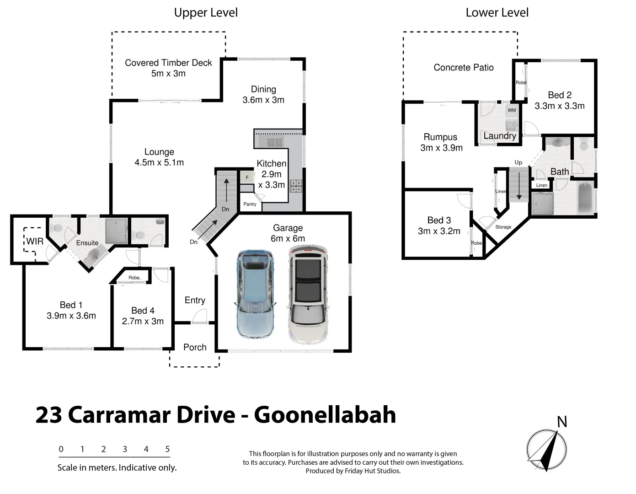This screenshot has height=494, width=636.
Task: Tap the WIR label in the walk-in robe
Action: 35,241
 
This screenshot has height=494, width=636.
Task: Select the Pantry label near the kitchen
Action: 250,204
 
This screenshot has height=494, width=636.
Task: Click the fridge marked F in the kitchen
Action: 247,177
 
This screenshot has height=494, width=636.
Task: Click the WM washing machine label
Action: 512,110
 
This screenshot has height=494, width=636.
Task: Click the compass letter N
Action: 562,422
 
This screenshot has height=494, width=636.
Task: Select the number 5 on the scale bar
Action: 167,449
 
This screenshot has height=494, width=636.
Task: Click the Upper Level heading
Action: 206,13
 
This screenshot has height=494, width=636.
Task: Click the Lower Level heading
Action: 497,13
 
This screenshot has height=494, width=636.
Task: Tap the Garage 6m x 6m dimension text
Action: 288,238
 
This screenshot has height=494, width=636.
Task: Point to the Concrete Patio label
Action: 463,68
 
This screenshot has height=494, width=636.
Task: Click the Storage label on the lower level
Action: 503,227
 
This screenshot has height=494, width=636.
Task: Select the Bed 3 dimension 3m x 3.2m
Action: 439,231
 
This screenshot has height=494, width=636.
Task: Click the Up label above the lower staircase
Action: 518,162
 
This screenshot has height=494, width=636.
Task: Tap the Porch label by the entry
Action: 195,347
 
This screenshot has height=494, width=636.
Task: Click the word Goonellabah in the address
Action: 325,415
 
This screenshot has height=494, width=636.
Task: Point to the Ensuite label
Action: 87,243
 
